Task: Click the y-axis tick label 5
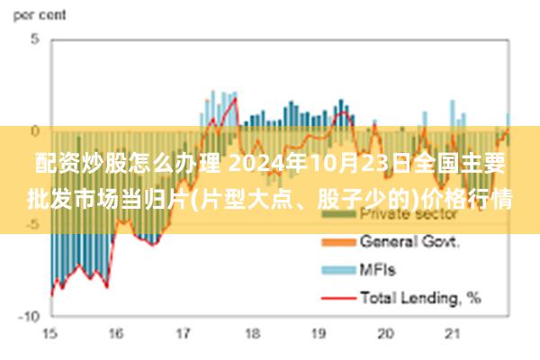[33, 40]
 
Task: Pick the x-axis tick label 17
[184, 335]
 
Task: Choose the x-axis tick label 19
[319, 335]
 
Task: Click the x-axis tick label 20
[386, 335]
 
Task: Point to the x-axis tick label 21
[453, 335]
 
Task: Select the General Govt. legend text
[409, 241]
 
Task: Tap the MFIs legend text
[378, 269]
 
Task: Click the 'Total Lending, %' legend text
[420, 296]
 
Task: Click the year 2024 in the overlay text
[256, 165]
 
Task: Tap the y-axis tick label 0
[33, 131]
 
